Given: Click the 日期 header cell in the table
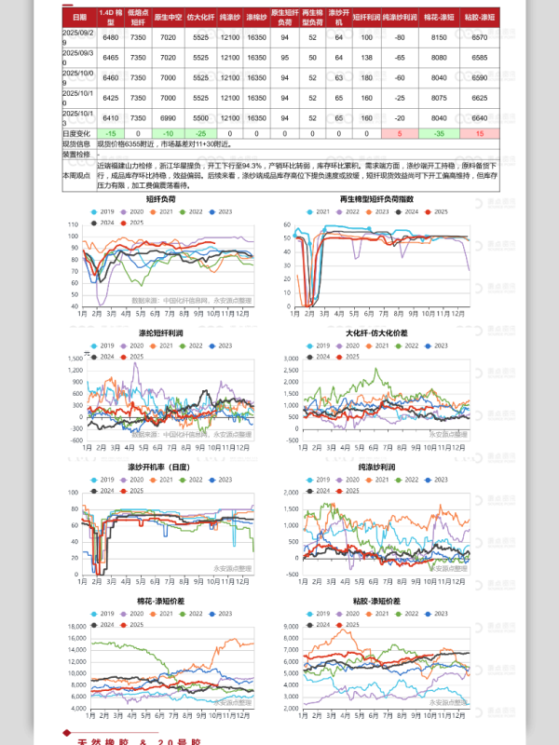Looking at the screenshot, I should point(78,17).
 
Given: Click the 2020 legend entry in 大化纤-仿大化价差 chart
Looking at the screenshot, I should point(355,345).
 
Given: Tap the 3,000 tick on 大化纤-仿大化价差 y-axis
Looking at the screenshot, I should point(291,358).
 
